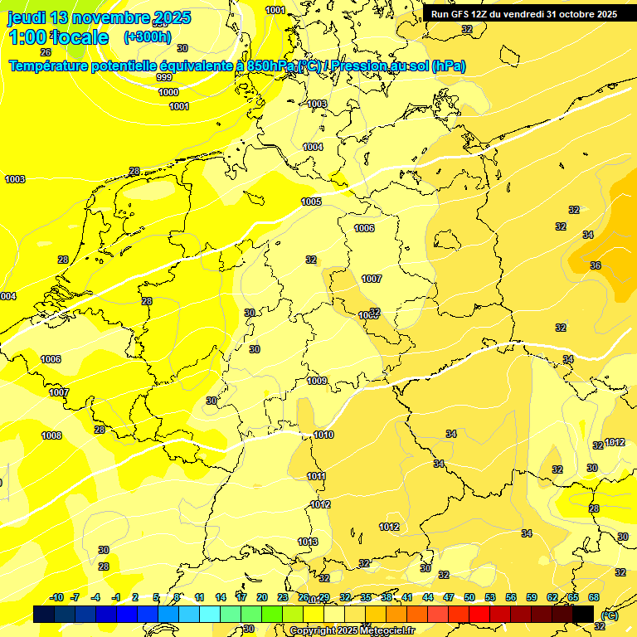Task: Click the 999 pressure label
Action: (164, 77)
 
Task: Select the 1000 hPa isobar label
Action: (168, 92)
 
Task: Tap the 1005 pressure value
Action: (311, 202)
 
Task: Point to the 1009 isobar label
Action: (317, 381)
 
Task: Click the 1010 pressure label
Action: (323, 435)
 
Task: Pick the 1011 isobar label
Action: (316, 476)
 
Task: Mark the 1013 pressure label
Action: (308, 542)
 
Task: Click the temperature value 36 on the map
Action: (596, 265)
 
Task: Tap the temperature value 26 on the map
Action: (46, 51)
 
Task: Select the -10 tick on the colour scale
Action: (56, 597)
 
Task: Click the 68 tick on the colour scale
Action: (594, 597)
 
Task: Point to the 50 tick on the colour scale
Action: (469, 597)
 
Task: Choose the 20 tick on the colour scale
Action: (262, 597)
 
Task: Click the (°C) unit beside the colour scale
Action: (609, 615)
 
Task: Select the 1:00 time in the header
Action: (27, 37)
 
